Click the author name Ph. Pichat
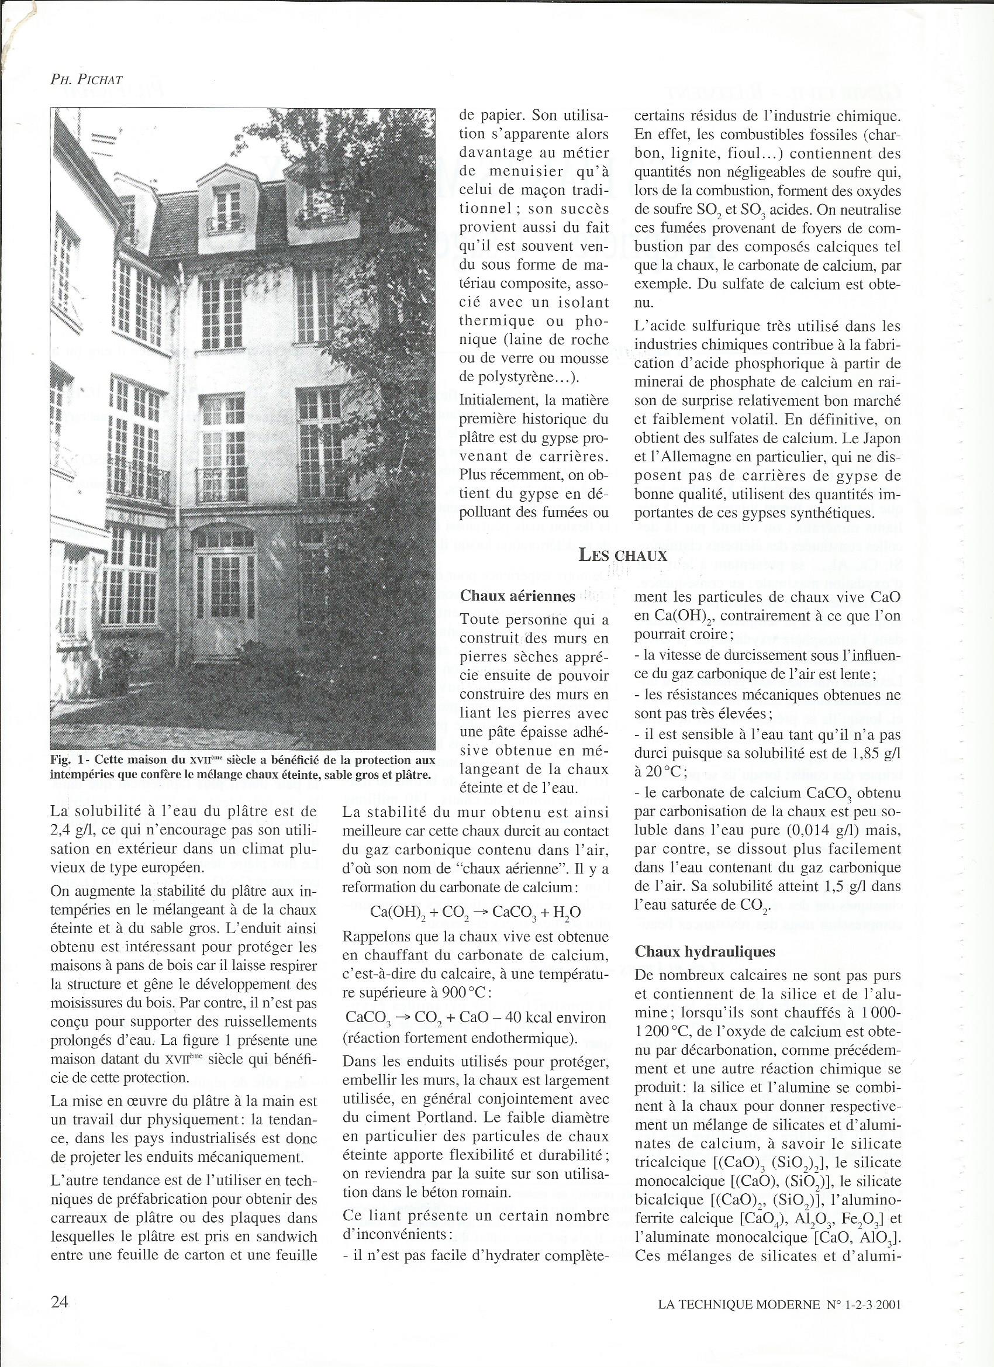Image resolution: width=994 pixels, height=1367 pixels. point(87,80)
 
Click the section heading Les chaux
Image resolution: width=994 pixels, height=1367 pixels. point(623,555)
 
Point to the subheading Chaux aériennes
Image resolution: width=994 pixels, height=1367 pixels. point(517,596)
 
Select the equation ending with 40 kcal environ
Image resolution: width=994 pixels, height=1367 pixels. point(475,1017)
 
